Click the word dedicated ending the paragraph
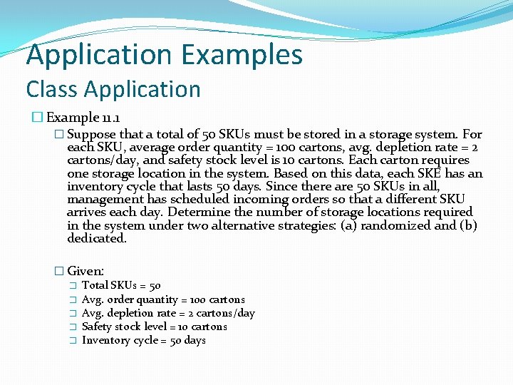(96, 238)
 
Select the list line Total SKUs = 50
(121, 285)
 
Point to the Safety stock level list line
(154, 327)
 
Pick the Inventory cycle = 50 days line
(143, 340)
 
